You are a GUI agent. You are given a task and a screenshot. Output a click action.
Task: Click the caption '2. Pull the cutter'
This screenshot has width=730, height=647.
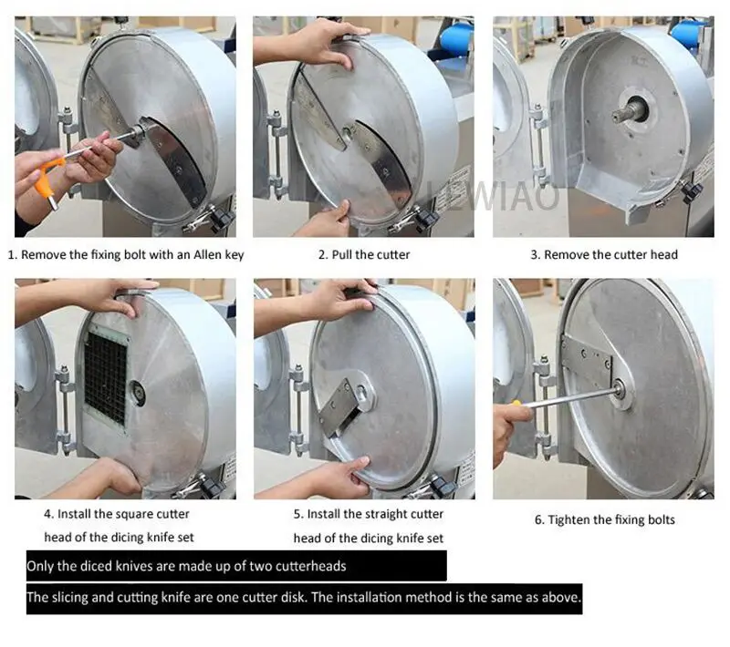coord(364,255)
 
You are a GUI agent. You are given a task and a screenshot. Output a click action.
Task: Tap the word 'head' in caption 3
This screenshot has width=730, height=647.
coord(664,255)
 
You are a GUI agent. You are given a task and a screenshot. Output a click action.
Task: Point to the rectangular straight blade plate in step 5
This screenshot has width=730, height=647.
coord(338,406)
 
